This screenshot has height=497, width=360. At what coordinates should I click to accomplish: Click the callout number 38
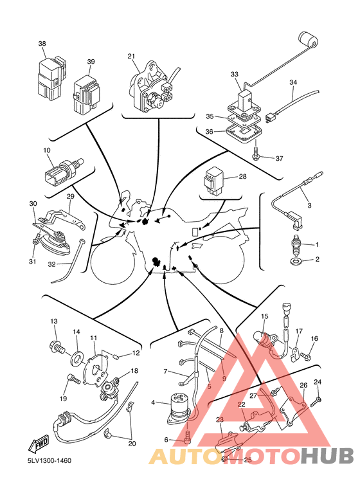pos(42,44)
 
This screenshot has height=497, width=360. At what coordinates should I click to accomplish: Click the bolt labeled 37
pos(255,153)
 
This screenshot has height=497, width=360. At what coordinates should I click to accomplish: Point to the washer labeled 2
pos(296,261)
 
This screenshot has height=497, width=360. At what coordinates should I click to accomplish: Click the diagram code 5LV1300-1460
pos(50,460)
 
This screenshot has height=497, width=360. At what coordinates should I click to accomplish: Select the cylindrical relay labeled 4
pos(179,409)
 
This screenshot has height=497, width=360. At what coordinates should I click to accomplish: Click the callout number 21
pos(131,57)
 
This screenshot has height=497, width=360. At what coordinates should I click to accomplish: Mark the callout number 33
pos(234,75)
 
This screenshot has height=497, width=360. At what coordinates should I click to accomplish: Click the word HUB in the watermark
pos(327,456)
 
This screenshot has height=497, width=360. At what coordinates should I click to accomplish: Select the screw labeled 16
pos(306,357)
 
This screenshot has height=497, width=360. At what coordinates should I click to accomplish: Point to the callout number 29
pos(70,197)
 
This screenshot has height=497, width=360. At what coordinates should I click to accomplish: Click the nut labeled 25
pos(224,459)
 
